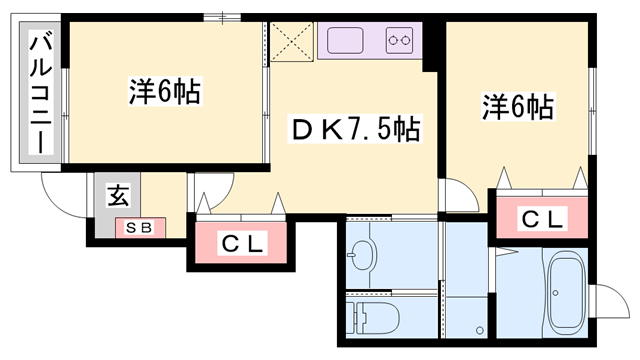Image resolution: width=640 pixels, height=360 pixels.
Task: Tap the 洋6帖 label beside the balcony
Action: point(166,92)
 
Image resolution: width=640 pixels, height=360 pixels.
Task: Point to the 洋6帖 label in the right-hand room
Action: point(519,105)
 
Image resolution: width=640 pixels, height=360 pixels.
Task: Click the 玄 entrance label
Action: point(118,194)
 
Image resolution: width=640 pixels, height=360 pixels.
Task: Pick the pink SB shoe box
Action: point(139,228)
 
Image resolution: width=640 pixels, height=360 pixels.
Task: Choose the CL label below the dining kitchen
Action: point(242,242)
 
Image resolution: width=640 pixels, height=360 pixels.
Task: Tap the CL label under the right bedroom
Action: point(542,217)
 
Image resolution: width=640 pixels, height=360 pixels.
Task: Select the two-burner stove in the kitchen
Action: point(401,42)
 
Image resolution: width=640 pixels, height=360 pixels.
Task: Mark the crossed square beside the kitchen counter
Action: point(292,41)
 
